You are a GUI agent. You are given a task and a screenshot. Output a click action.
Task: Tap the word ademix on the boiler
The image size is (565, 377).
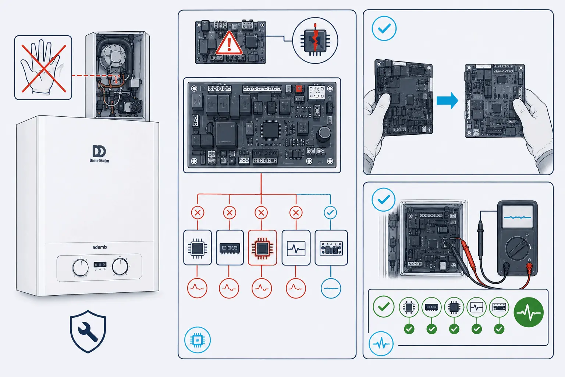coord(100,247)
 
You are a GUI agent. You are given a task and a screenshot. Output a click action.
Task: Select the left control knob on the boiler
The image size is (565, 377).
coord(81,267)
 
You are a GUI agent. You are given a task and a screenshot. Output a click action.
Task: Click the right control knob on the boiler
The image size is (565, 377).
coord(120,267)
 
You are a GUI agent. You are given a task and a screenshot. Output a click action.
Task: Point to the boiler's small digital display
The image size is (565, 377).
coord(100,264)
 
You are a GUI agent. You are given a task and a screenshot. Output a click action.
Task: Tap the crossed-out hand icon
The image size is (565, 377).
coord(43,67)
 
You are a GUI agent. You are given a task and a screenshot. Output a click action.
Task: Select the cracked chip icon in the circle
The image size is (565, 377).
coord(315,40)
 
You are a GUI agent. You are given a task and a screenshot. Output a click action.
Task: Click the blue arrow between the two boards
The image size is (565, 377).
coord(447,101)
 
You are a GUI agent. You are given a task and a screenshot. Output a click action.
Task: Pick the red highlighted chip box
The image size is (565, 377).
coord(262,248)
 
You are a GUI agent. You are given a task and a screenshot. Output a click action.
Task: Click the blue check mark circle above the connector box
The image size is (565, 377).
coord(330,213)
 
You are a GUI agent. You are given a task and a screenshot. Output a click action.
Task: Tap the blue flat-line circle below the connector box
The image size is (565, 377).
coord(331,288)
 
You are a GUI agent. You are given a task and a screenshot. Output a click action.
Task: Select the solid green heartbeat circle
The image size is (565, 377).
coord(529,312)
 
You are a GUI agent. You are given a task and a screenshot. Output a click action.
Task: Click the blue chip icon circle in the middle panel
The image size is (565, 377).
coord(198,340)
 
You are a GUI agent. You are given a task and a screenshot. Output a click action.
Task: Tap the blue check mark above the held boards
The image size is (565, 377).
coord(384,28)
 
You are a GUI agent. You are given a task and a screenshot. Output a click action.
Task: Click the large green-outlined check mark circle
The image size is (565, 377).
coord(384,307)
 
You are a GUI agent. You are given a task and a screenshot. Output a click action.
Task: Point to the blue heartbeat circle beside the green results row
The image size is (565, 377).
coord(381,343)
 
